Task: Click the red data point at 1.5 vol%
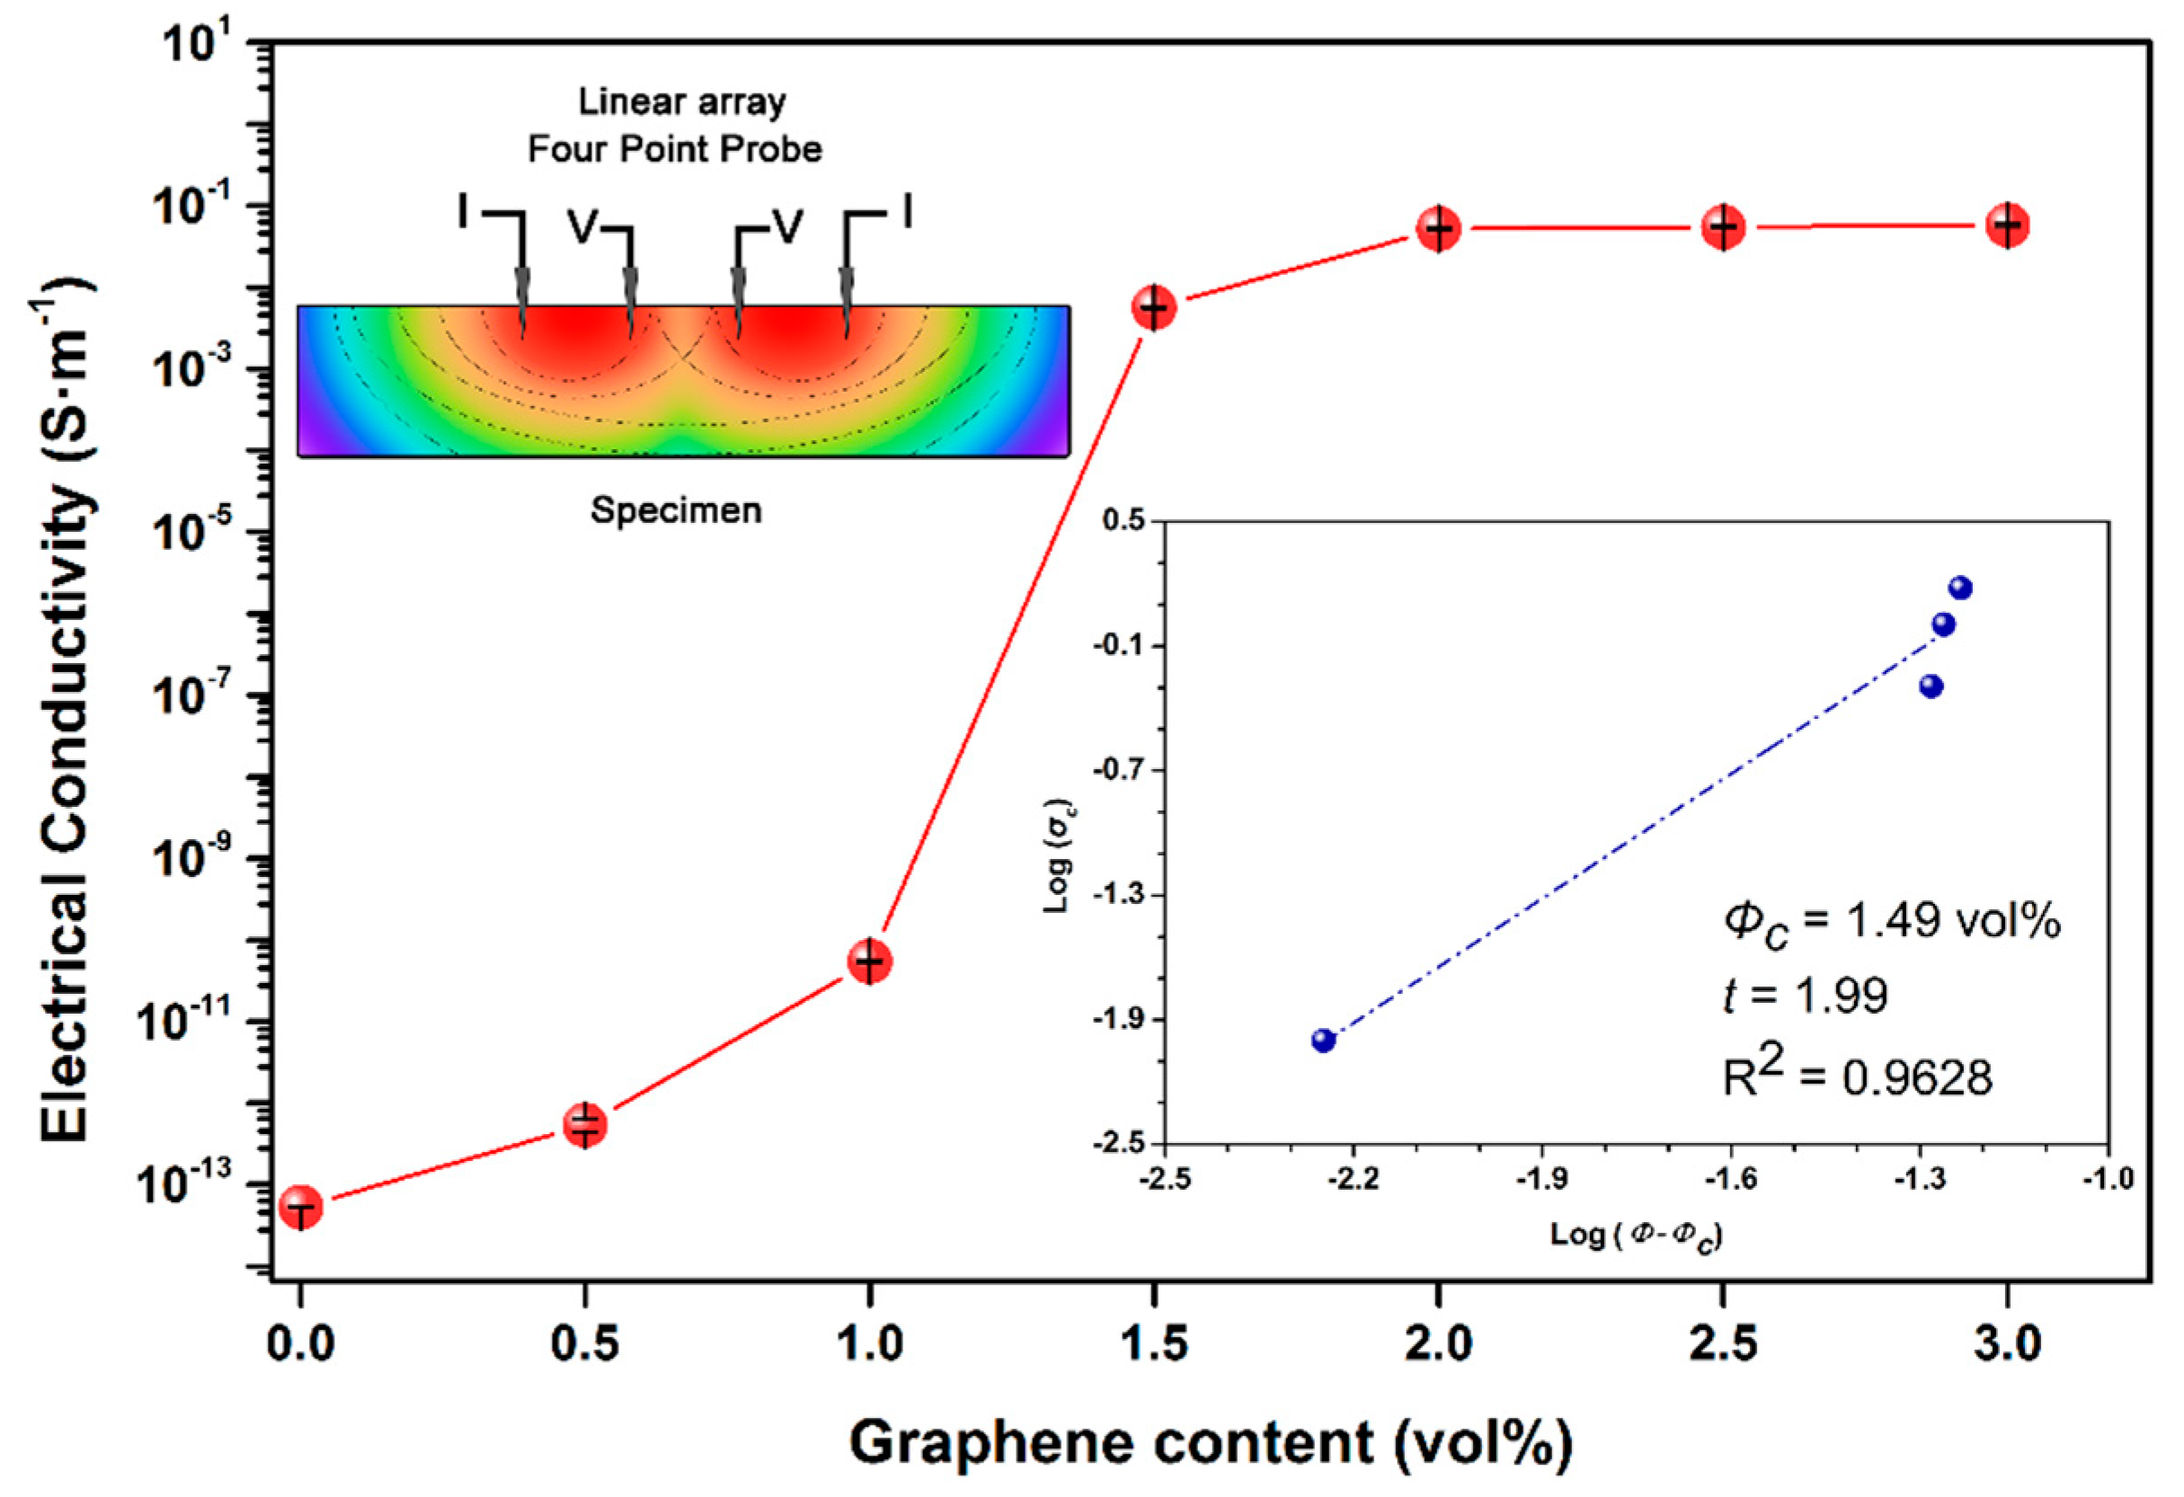tap(1154, 307)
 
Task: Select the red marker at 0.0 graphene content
tap(301, 1207)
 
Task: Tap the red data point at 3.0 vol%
tap(2007, 226)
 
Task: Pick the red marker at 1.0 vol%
tap(869, 961)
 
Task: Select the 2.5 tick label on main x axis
tap(1723, 1344)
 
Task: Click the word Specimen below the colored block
tap(676, 510)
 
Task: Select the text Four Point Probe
tap(675, 148)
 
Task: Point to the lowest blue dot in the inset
tap(1323, 1040)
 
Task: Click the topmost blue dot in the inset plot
tap(1959, 589)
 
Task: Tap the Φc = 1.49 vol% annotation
tap(1891, 922)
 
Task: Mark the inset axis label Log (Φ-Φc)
tap(1636, 1236)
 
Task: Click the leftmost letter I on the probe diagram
tap(462, 212)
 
